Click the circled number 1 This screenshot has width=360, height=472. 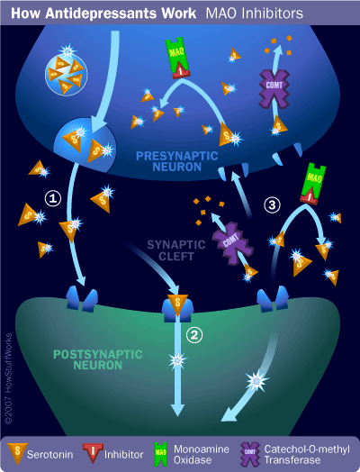tap(52, 197)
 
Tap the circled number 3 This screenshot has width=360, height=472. tap(270, 204)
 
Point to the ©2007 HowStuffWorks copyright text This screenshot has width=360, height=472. tap(8, 369)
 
